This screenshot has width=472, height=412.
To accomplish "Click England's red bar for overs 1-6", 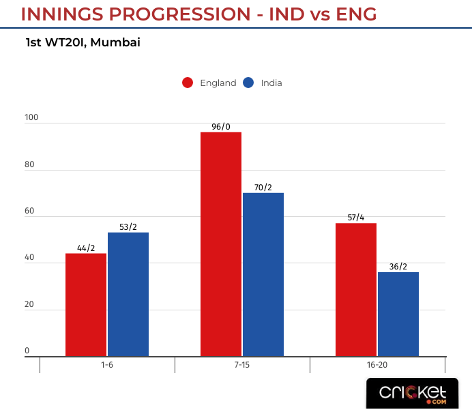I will [x=86, y=305].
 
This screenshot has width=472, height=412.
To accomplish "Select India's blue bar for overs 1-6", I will [x=128, y=294].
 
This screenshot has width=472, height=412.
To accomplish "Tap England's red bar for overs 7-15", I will [x=221, y=244].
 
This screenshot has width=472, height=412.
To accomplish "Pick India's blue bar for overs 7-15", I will [x=263, y=274].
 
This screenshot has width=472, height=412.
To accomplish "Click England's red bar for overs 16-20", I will [x=356, y=289].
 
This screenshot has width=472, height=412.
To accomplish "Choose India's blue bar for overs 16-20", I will [x=398, y=314].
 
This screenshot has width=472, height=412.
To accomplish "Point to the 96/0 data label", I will [x=221, y=126].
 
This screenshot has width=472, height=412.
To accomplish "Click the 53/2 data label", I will [x=128, y=226].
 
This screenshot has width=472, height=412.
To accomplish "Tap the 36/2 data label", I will [x=398, y=266].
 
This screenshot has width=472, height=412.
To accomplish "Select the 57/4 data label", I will [x=356, y=218].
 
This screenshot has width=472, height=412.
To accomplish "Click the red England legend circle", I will [x=188, y=83].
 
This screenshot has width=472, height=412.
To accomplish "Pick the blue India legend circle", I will [x=248, y=83].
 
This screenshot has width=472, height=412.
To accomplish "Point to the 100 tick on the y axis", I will [x=31, y=118].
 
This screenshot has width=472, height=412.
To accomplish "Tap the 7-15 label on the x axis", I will [x=242, y=366].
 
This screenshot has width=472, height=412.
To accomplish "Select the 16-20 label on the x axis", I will [x=377, y=366].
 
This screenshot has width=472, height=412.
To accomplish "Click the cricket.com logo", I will [x=413, y=394].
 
